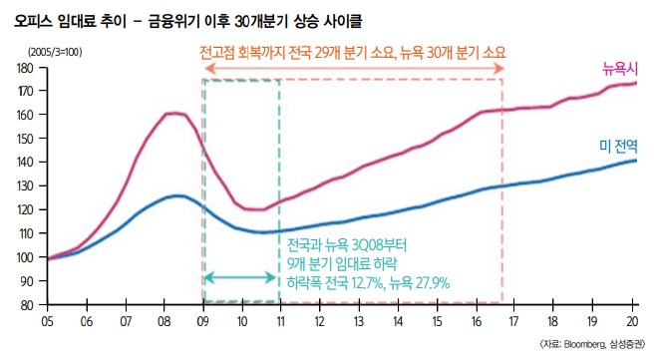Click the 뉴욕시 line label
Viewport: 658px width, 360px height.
point(618,69)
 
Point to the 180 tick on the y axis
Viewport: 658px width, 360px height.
point(27,67)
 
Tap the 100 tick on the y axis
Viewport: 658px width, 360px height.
point(27,257)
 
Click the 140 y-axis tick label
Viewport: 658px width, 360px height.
point(27,163)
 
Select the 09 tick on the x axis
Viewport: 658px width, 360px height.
point(202,323)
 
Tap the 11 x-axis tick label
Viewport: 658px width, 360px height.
point(280,323)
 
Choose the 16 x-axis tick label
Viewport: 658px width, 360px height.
point(477,323)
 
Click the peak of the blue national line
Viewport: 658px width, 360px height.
point(176,196)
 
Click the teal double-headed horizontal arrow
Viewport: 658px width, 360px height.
point(241,276)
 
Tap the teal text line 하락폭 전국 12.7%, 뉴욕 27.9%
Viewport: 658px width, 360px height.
point(368,283)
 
